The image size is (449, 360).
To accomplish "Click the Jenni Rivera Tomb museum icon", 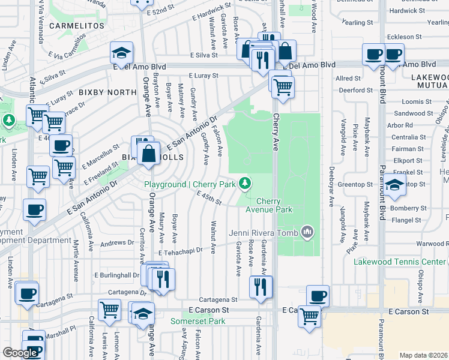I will (x=308, y=231).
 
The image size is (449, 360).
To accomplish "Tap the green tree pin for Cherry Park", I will (x=245, y=184).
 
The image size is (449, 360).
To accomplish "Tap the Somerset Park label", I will (x=197, y=322).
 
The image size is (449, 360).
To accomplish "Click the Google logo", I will (x=20, y=353).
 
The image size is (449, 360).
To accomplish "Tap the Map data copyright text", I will (x=423, y=355).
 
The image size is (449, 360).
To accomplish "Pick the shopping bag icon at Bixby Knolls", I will (x=148, y=155).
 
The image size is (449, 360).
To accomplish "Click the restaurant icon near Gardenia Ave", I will (x=260, y=287).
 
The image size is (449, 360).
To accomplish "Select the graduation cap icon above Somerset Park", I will (x=143, y=314).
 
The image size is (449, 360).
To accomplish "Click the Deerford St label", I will (x=355, y=90).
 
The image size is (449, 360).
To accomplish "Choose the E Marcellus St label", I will (x=102, y=156).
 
